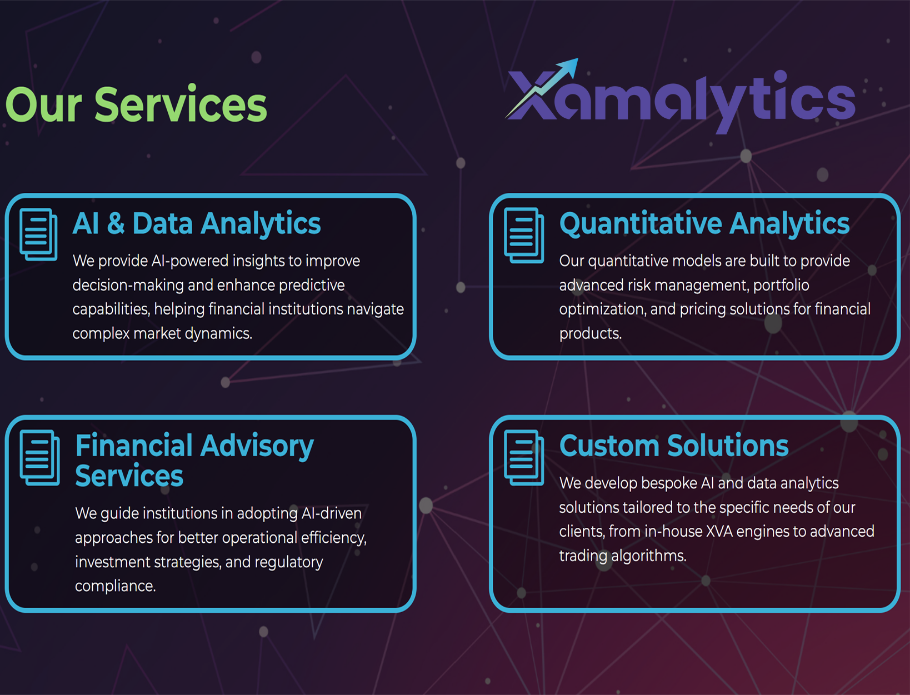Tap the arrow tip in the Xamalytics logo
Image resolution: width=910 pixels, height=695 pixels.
(x=578, y=59)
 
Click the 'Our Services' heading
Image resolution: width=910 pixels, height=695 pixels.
(x=136, y=104)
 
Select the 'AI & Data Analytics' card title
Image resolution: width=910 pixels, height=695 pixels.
(x=197, y=224)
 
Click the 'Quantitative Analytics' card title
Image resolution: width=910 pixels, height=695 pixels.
(x=704, y=224)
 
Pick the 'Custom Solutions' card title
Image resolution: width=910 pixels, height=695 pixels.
(x=674, y=446)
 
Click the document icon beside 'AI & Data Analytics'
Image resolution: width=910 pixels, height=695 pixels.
(x=38, y=234)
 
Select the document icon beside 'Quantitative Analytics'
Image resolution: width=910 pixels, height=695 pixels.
(x=524, y=236)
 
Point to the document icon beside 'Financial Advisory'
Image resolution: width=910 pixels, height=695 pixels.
(x=40, y=458)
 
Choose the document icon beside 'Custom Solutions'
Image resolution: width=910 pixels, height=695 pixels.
(x=524, y=458)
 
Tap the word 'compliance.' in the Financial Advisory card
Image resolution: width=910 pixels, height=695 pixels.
(x=115, y=587)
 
